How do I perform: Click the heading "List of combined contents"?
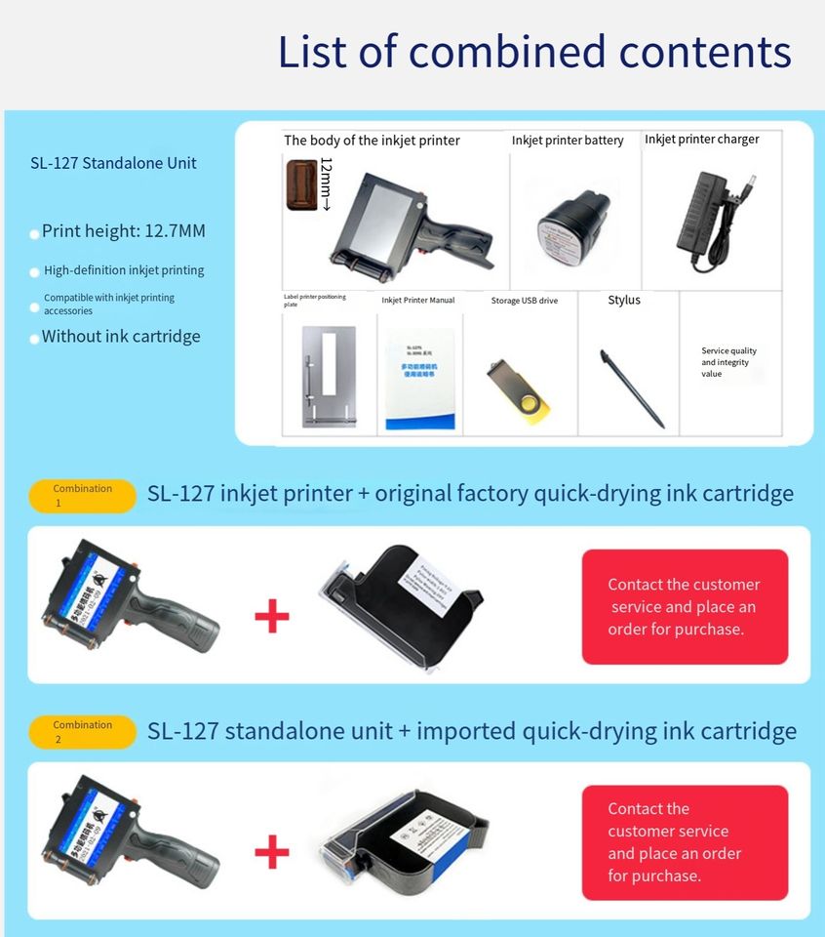pyautogui.click(x=534, y=52)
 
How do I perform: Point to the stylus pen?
pyautogui.click(x=632, y=387)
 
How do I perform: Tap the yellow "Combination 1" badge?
pyautogui.click(x=82, y=496)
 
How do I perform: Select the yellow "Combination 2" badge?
pyautogui.click(x=82, y=732)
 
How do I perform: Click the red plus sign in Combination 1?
pyautogui.click(x=272, y=617)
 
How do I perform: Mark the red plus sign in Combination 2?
pyautogui.click(x=272, y=853)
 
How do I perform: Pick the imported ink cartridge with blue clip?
pyautogui.click(x=404, y=840)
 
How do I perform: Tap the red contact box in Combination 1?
pyautogui.click(x=685, y=607)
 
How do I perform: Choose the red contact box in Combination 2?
pyautogui.click(x=685, y=842)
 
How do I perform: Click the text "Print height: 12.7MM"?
pyautogui.click(x=124, y=231)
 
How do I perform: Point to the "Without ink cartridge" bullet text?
pyautogui.click(x=121, y=337)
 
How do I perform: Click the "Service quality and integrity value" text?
pyautogui.click(x=728, y=362)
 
